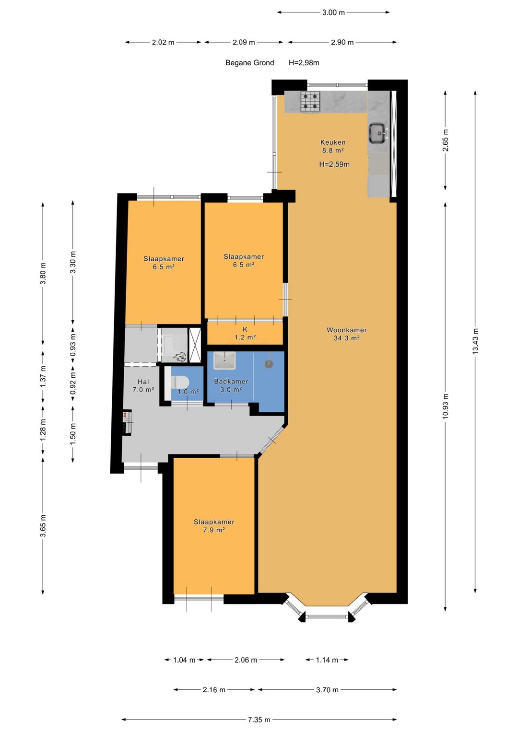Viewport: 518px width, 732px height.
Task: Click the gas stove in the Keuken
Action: (x=310, y=102)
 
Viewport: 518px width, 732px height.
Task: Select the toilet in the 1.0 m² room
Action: (x=179, y=382)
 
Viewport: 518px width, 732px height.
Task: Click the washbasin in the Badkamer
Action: (x=224, y=360)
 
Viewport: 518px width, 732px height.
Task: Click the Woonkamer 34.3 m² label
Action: (x=346, y=334)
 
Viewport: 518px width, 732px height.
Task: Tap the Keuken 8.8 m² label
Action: (x=332, y=146)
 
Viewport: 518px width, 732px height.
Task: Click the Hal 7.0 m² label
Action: (x=143, y=385)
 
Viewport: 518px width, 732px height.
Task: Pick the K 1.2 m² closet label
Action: (x=245, y=333)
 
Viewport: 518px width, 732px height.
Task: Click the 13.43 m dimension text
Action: (x=475, y=341)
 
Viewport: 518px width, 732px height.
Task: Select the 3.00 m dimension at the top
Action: (x=333, y=13)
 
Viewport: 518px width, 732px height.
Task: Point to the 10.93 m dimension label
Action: (x=446, y=406)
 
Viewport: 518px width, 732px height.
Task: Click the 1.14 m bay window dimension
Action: (x=327, y=660)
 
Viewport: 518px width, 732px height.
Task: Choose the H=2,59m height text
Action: (x=334, y=164)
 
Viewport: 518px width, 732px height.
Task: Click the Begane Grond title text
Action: (x=249, y=63)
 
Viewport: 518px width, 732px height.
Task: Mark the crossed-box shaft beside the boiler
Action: (x=195, y=345)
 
